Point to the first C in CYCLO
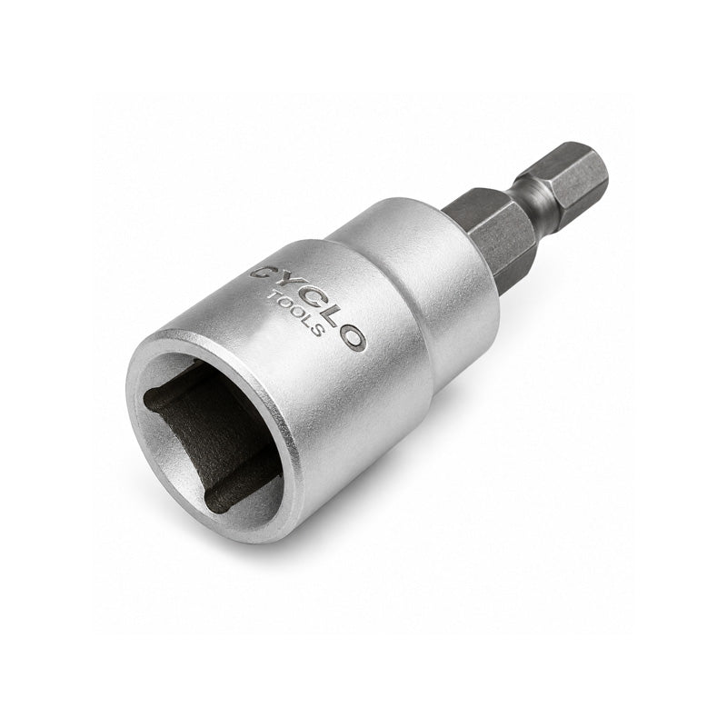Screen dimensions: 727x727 click(x=261, y=274)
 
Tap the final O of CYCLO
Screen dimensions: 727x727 click(x=353, y=337)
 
